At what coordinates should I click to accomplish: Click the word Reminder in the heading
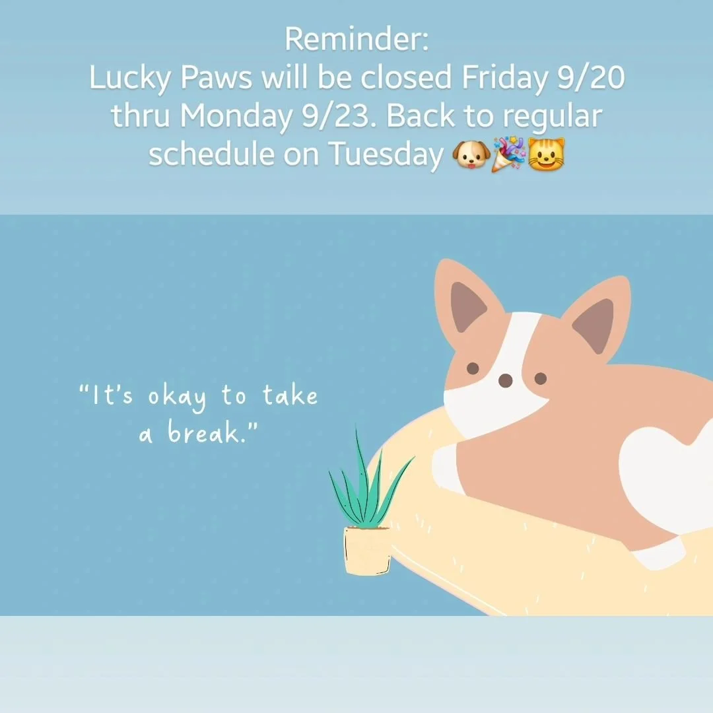(356, 40)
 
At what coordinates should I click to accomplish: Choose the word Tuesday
(386, 155)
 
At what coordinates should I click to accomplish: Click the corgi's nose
(505, 380)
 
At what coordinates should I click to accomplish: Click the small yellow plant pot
(367, 550)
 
